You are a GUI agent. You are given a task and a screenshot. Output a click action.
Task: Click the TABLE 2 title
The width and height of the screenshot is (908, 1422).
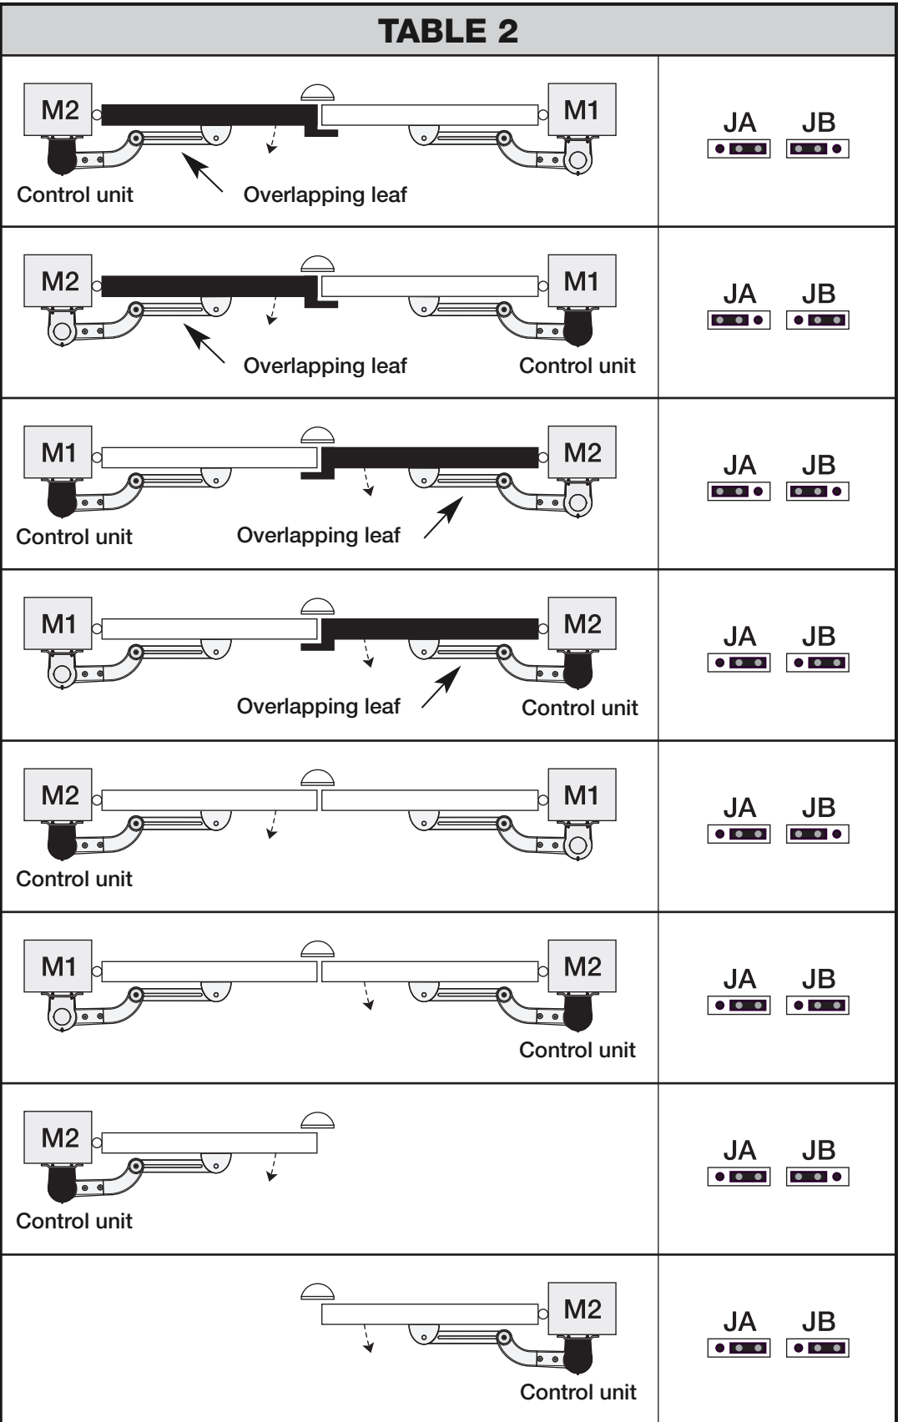pos(447,31)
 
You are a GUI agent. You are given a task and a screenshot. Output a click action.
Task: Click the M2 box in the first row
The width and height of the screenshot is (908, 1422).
pos(58,109)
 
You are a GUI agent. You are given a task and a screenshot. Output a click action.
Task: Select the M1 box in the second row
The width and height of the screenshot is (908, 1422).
pos(582,280)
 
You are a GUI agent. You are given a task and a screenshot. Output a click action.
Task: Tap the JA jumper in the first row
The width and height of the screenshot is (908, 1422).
pos(739,149)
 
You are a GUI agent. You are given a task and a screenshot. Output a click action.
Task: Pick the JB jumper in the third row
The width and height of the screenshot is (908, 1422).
pos(818,492)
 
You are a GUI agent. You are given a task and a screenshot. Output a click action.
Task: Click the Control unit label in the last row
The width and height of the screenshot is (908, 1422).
pos(578,1392)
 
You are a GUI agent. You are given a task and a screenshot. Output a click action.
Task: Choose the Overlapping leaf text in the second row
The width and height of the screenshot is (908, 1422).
pos(325,366)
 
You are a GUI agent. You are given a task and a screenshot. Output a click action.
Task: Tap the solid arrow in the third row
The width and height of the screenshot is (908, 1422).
pos(443,517)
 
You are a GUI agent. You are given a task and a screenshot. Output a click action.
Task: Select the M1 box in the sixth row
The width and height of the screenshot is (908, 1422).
pos(58,966)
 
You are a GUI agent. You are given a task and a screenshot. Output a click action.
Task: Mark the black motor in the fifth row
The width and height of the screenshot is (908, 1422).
pos(62,841)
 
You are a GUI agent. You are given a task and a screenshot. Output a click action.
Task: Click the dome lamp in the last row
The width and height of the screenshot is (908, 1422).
pos(317,1292)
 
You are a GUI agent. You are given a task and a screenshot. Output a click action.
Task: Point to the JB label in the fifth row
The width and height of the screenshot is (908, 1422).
pos(819,808)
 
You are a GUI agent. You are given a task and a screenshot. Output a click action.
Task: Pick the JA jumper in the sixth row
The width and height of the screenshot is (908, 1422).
pos(739,1006)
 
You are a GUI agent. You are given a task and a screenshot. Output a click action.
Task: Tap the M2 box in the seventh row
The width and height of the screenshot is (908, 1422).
pos(58,1137)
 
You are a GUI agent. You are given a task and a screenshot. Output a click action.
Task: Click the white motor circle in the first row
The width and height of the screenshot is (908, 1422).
pos(578,160)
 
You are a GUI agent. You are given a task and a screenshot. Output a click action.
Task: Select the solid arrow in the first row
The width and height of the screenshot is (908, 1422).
pos(203,172)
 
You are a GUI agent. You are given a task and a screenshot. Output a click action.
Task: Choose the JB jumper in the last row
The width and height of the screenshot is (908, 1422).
pos(818,1349)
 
